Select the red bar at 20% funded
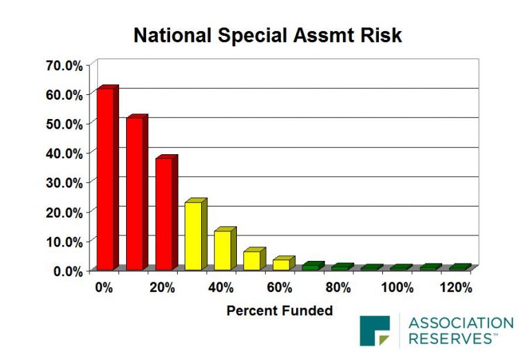pos(166,213)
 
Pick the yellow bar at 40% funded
pos(225,248)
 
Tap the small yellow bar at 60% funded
pos(284,263)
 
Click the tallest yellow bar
pos(196,234)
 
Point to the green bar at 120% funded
pos(460,267)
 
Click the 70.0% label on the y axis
pos(64,65)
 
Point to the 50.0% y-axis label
pos(64,124)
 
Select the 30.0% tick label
pos(64,183)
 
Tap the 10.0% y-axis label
pos(64,242)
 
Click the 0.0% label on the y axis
pos(68,271)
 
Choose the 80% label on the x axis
pos(338,288)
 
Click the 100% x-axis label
pos(397,288)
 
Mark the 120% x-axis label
pos(456,288)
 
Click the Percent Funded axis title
pos(280,310)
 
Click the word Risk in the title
pos(381,35)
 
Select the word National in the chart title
pos(173,35)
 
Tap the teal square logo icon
pos(375,330)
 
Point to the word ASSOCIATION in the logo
pos(461,323)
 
